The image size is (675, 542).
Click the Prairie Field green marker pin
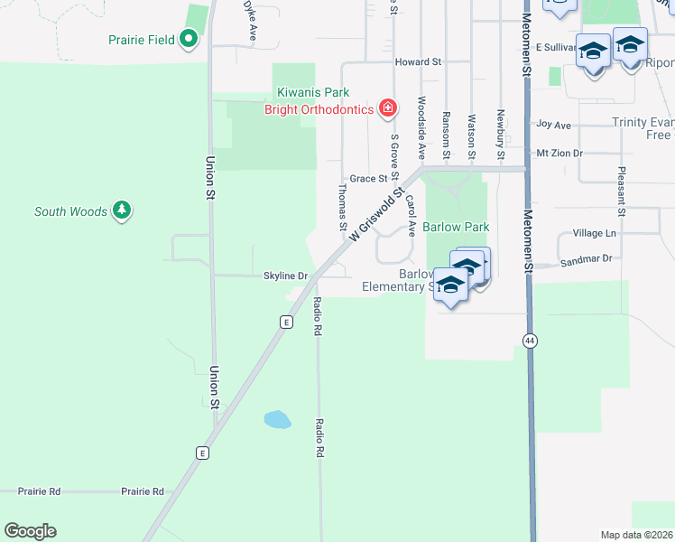point(189,39)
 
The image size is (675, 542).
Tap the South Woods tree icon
point(122,211)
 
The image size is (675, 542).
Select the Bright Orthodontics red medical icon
point(388,109)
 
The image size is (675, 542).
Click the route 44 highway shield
point(528,339)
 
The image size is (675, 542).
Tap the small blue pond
point(277,419)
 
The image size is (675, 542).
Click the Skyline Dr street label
point(285,276)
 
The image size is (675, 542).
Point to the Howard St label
point(418,62)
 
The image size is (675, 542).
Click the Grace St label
point(368,179)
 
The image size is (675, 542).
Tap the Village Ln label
point(594,233)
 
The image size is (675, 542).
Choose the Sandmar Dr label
point(586,259)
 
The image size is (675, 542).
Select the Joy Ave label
point(553,125)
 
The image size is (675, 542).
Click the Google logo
point(30,531)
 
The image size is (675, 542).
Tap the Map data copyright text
point(636,535)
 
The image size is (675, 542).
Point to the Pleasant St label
point(622,192)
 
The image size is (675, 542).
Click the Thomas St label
point(342,201)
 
